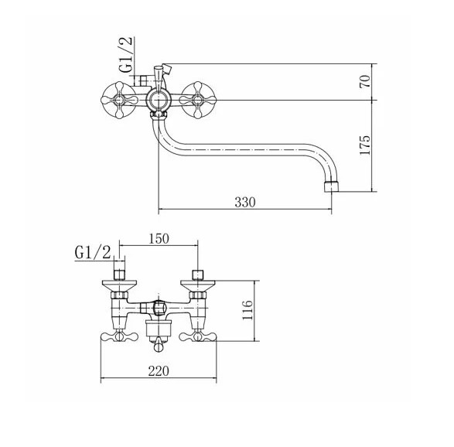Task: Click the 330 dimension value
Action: [245, 202]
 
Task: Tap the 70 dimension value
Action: [365, 81]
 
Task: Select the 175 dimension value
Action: [365, 145]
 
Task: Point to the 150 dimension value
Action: [159, 238]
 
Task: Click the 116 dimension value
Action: [247, 310]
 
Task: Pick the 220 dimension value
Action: [159, 371]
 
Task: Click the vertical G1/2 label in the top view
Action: [126, 55]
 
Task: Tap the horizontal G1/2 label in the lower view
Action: [93, 253]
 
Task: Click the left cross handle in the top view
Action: [119, 101]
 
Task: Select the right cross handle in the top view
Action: [197, 101]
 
